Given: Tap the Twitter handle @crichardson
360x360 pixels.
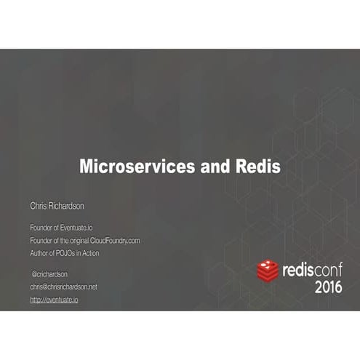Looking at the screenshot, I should pos(50,274).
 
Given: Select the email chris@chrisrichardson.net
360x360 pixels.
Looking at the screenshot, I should pos(63,287).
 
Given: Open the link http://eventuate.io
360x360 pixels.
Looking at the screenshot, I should pos(54,299).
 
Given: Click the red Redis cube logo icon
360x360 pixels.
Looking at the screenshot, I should pos(268,271).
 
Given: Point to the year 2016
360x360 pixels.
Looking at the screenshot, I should pos(328,287).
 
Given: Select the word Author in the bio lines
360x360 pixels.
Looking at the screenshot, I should pos(39,253).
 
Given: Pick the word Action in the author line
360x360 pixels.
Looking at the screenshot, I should pos(89,253).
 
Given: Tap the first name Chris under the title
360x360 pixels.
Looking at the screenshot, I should pos(39,207).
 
